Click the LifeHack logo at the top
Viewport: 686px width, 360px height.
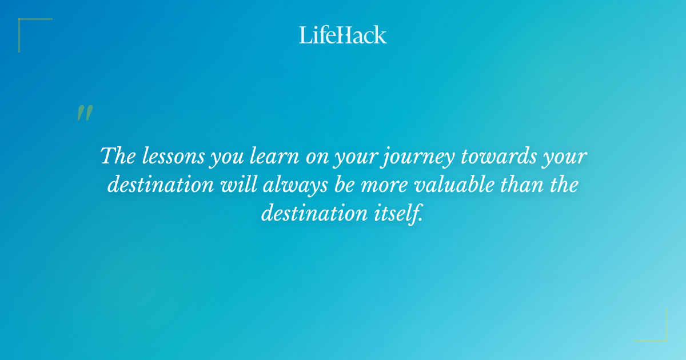[x=343, y=35]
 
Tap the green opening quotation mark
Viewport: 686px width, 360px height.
[x=84, y=113]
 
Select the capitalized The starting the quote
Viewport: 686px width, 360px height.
[x=117, y=156]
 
